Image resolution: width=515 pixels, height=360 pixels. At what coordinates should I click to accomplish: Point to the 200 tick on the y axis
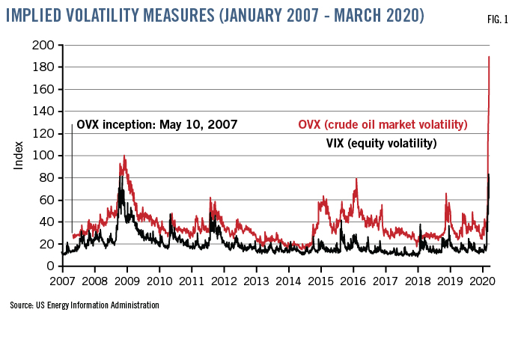pos(46,46)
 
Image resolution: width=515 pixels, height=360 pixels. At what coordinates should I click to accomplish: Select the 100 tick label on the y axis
pos(46,156)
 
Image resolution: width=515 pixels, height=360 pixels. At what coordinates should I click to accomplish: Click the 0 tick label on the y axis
pos(50,266)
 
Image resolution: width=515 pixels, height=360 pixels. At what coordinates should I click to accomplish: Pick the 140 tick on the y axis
pos(46,112)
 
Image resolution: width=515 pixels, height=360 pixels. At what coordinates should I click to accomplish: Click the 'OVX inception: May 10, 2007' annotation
pos(156,125)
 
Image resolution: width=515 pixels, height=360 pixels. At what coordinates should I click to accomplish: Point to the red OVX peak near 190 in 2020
pos(489,57)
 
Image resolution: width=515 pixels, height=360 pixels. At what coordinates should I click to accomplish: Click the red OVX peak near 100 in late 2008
pos(124,156)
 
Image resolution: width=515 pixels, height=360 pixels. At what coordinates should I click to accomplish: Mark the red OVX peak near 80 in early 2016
pos(356,178)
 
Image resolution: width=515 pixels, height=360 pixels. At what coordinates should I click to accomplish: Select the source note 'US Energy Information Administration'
pos(85,305)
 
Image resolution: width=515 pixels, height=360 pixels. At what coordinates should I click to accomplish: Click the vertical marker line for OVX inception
pos(72,180)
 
